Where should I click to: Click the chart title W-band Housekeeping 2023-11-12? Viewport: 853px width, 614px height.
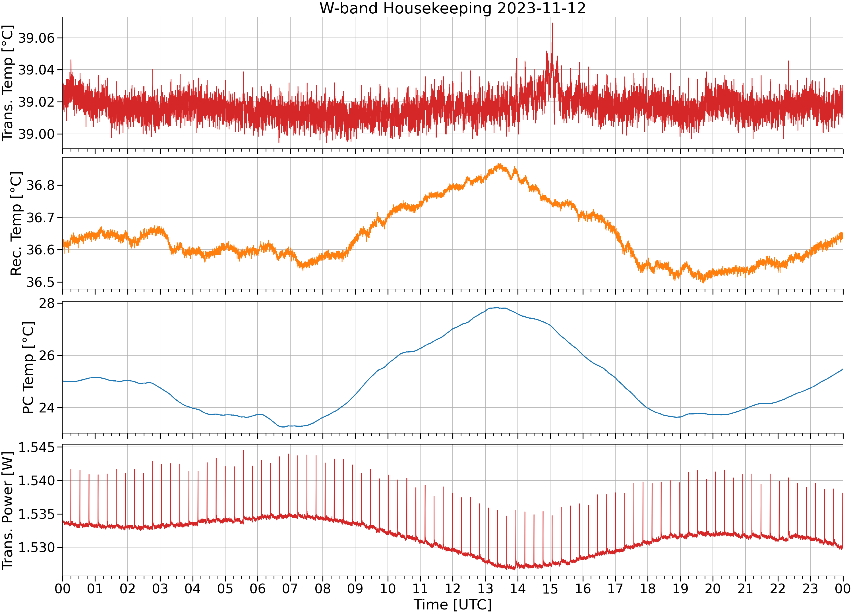(x=452, y=8)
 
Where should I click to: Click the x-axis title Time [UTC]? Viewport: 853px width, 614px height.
(x=452, y=604)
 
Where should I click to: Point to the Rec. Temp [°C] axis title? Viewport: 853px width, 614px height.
(x=16, y=224)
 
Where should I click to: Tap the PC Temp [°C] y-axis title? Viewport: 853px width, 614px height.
(x=28, y=367)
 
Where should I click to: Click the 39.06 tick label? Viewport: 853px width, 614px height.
(x=36, y=38)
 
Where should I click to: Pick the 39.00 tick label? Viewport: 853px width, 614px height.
(x=36, y=134)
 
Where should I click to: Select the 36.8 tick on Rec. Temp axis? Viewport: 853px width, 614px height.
(x=41, y=185)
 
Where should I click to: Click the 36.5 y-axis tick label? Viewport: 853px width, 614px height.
(x=41, y=282)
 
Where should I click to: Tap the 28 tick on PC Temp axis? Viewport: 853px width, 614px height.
(x=47, y=303)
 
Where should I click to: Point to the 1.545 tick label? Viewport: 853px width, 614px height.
(x=36, y=447)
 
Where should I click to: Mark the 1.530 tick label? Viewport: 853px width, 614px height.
(x=36, y=547)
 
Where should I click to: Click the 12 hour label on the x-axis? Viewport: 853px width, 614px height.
(x=452, y=588)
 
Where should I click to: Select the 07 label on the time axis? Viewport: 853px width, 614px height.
(x=290, y=588)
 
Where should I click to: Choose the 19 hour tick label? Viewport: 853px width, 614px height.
(x=680, y=588)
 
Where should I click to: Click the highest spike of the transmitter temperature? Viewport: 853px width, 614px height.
(x=552, y=23)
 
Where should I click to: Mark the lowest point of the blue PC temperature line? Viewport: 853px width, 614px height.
(x=283, y=427)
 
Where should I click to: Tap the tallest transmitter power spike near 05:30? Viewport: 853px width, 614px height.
(x=243, y=451)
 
